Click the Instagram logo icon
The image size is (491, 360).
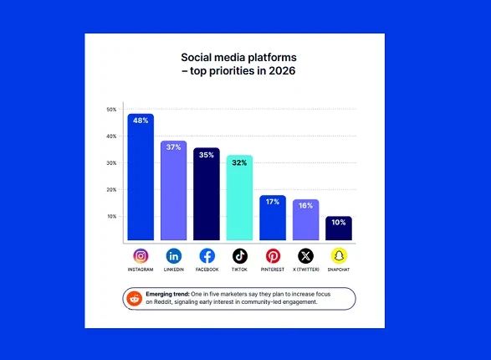141,255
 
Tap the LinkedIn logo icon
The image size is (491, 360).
173,255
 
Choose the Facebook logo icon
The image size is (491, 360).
207,255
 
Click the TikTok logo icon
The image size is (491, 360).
240,255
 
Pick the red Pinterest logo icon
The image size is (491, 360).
273,255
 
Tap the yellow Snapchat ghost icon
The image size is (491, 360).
338,255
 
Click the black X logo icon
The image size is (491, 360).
305,255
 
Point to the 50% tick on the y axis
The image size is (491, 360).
111,110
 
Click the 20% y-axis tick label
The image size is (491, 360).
111,190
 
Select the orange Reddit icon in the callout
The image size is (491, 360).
135,298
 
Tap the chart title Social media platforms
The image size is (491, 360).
238,57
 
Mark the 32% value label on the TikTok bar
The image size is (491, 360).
239,162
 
